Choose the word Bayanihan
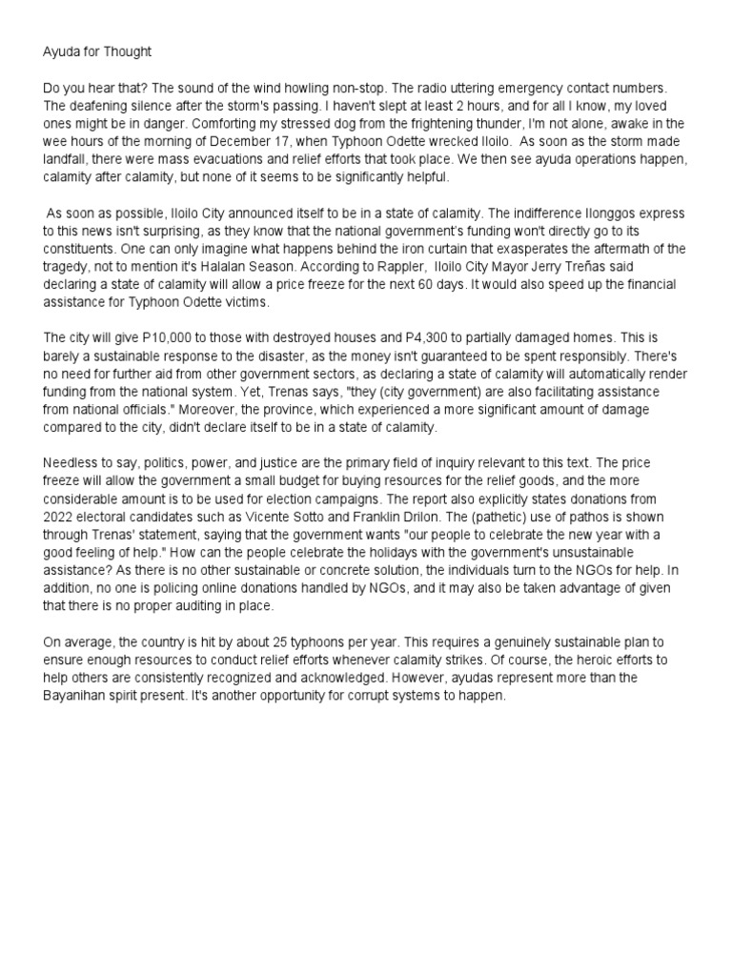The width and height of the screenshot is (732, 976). (x=84, y=696)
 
